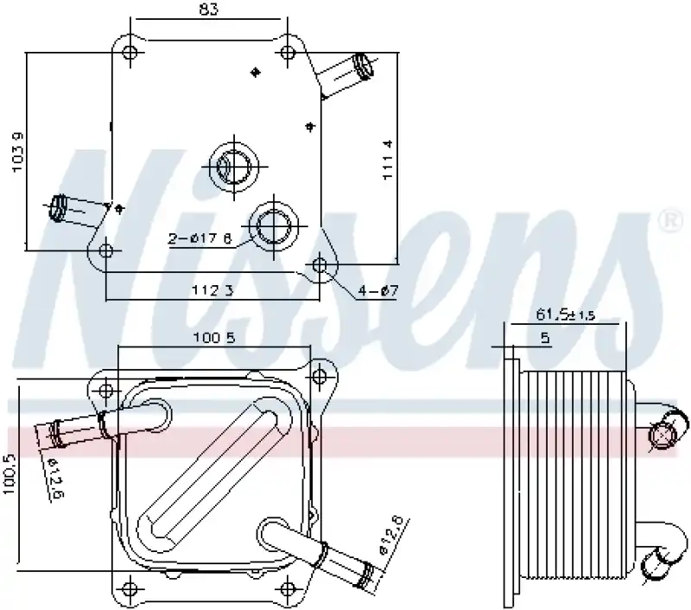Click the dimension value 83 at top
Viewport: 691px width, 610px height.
tap(209, 10)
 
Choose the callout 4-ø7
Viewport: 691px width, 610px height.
tap(378, 291)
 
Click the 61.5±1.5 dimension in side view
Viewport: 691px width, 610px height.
tap(566, 316)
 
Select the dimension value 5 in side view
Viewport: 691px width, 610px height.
tap(545, 340)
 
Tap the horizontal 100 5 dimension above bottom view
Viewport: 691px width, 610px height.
tap(213, 338)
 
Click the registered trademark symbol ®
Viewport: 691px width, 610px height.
tap(669, 220)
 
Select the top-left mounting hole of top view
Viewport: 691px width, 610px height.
tap(130, 53)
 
